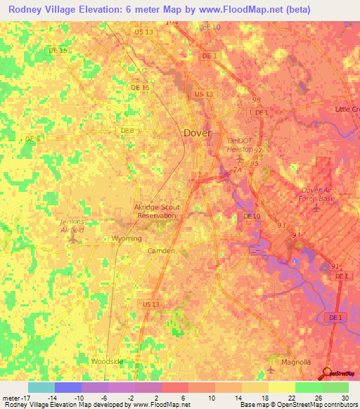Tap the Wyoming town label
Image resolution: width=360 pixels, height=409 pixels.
[127, 239]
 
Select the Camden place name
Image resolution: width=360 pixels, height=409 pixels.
[161, 250]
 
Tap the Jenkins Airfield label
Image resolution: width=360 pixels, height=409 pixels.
[70, 225]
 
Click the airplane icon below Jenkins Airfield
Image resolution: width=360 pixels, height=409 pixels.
[72, 240]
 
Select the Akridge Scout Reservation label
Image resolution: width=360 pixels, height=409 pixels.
[156, 212]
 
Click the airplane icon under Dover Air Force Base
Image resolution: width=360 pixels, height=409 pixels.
[318, 207]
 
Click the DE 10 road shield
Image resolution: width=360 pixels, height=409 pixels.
[252, 216]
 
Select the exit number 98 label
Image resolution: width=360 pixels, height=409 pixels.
[256, 101]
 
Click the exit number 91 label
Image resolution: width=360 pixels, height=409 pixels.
[335, 266]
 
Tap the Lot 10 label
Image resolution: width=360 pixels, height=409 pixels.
[210, 27]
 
